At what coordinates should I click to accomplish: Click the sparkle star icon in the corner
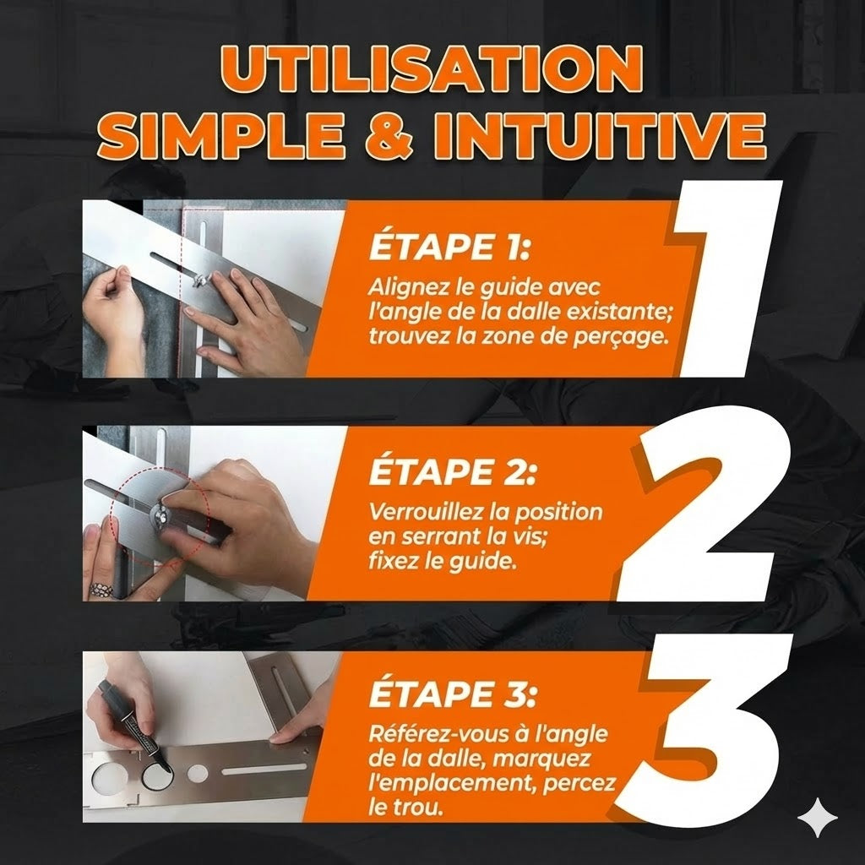click(x=818, y=817)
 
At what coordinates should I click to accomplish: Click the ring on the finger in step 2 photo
click(x=101, y=589)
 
